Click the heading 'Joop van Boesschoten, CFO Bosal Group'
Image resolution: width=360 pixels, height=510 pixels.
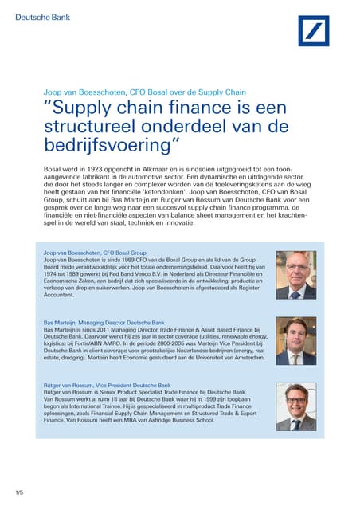coord(95,253)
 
